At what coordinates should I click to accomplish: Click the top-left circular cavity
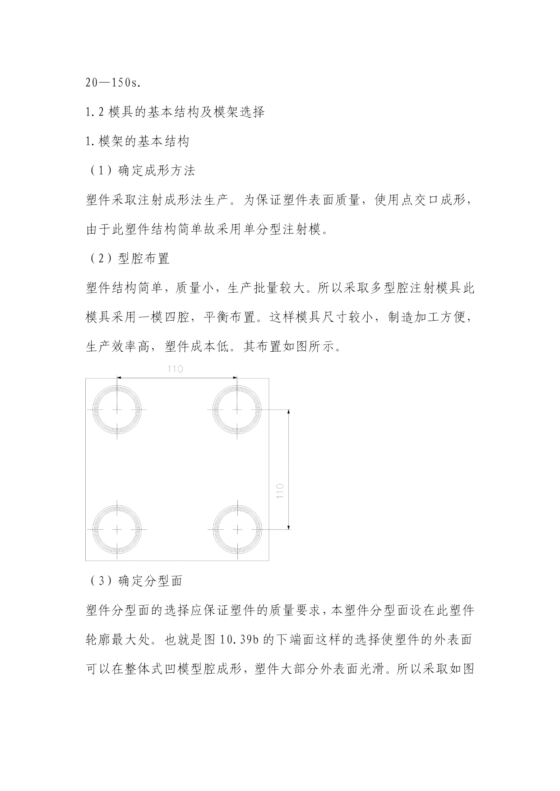pos(117,409)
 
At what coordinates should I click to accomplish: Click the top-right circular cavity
pos(237,409)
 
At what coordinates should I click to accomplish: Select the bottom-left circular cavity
pos(117,529)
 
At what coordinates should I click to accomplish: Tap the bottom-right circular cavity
pos(237,529)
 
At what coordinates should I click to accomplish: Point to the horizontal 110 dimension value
pos(175,369)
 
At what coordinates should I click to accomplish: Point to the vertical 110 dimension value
pos(279,491)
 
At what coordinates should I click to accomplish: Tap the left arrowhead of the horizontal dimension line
pos(120,377)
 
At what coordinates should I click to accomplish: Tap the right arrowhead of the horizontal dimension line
pos(234,377)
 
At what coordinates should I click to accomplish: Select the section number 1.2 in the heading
pos(95,112)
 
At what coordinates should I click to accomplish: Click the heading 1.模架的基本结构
pos(137,142)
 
